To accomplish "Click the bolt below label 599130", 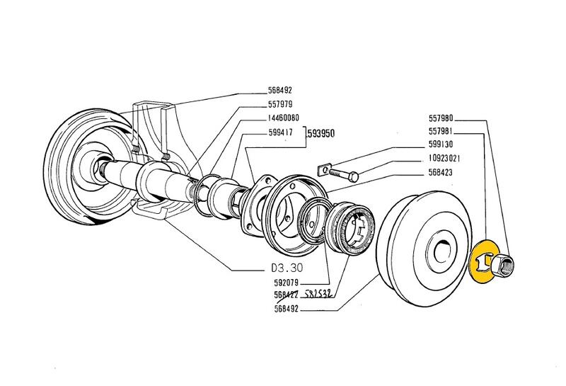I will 343,173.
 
